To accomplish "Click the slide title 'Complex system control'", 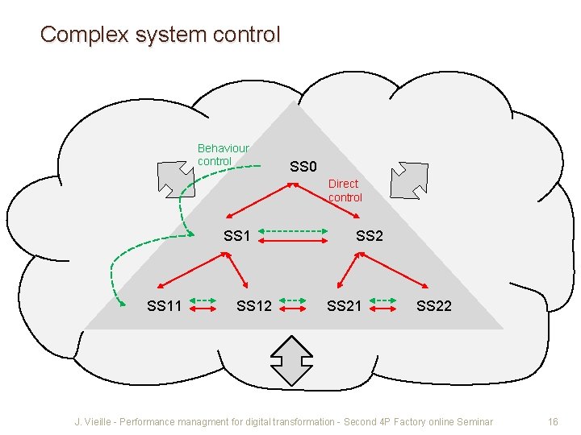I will tap(160, 35).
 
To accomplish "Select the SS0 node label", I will tap(303, 167).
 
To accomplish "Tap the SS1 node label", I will tap(237, 236).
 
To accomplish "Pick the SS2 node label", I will tap(370, 236).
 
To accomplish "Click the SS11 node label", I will tap(164, 306).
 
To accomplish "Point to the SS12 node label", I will tap(253, 306).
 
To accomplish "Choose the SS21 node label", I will tap(344, 306).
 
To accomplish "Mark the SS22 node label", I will tap(434, 306).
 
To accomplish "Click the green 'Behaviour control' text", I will tap(223, 155).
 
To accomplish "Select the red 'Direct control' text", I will tap(345, 191).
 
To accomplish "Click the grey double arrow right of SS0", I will tap(409, 179).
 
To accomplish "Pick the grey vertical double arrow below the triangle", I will tap(291, 358).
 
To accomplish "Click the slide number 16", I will tap(553, 422).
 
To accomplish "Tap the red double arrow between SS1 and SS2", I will tap(295, 239).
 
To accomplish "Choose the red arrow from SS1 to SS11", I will tap(190, 270).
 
